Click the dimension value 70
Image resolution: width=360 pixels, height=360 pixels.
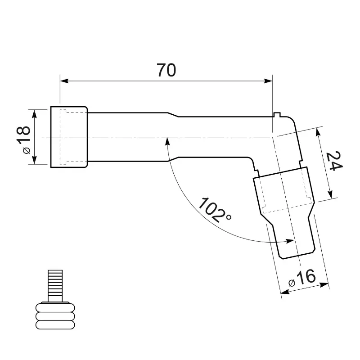166,70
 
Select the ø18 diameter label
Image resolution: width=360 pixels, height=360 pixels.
24,140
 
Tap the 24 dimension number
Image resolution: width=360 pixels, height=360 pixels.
334,161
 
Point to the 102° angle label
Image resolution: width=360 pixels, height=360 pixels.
214,210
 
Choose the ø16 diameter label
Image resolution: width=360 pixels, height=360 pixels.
302,278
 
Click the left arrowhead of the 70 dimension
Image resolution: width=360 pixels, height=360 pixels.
64,81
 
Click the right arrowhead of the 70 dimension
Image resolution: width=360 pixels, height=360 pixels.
268,81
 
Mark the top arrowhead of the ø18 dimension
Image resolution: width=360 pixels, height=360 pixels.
34,114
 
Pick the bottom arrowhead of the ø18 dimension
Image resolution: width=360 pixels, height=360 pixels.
34,160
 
